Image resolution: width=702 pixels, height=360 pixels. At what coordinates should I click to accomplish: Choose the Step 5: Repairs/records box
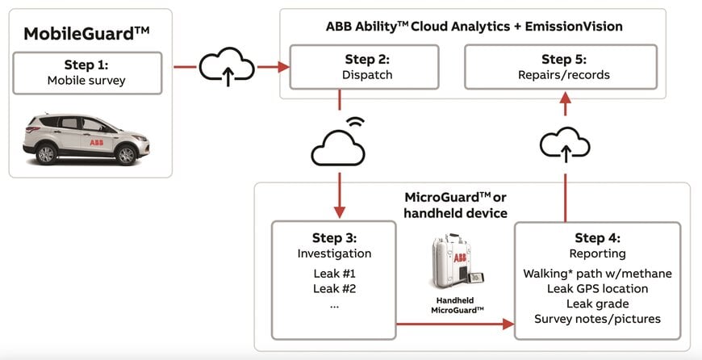tap(565, 67)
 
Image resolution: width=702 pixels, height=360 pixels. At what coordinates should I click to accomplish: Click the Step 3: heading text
tap(334, 237)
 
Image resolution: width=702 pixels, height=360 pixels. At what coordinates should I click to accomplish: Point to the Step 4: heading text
tap(597, 238)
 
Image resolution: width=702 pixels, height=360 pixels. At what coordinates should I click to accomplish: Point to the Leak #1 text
tap(334, 272)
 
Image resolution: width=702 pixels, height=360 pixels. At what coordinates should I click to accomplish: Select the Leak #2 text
tap(334, 288)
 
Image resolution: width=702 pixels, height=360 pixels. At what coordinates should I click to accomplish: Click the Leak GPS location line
tap(597, 288)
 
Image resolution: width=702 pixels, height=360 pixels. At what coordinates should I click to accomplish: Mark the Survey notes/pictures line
tap(597, 319)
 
